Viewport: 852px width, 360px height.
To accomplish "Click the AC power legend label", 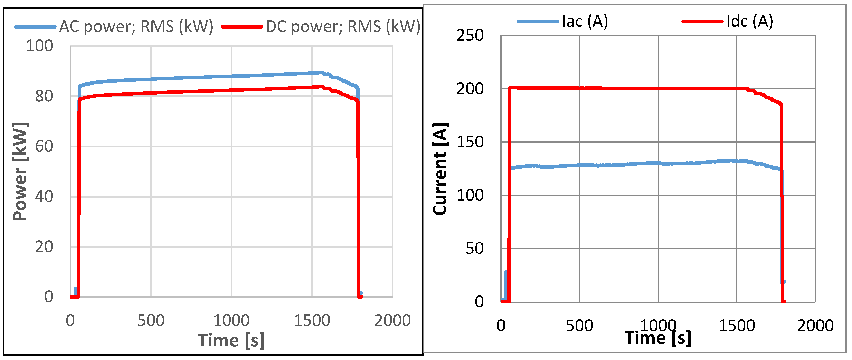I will [x=136, y=27].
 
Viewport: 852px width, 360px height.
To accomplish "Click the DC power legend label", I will [x=343, y=27].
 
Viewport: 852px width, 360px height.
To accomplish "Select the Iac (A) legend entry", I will [x=585, y=21].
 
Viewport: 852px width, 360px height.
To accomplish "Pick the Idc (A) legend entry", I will [x=749, y=21].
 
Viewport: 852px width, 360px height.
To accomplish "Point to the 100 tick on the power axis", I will [x=40, y=46].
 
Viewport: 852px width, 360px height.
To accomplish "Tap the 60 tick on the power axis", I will [x=44, y=146].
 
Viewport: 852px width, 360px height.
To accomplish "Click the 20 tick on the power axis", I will [x=44, y=247].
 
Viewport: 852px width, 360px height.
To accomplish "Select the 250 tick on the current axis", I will [x=470, y=35].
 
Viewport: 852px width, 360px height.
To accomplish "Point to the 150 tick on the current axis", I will [x=470, y=142].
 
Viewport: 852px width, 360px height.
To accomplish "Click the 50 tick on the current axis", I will [x=475, y=249].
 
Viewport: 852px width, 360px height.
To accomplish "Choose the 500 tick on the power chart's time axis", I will [x=151, y=320].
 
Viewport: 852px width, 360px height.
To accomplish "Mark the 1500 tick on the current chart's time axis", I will [x=737, y=326].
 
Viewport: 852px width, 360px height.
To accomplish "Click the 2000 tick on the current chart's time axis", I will [x=815, y=326].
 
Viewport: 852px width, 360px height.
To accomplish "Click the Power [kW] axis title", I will [x=20, y=171].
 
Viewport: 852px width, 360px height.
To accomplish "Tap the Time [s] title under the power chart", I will [x=231, y=340].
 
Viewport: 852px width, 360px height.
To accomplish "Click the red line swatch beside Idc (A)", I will [x=702, y=21].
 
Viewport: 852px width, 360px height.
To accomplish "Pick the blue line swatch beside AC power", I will [x=35, y=27].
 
